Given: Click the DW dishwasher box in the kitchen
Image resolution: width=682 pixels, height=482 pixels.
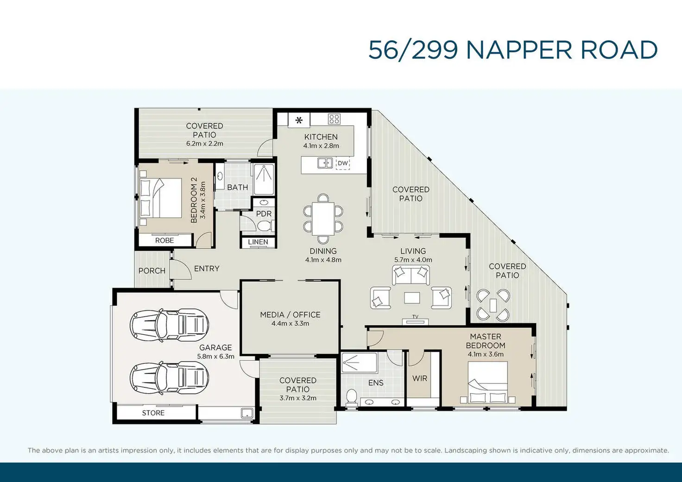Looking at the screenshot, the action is point(343,163).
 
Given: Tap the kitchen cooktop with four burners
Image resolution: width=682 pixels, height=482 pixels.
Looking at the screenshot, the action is point(334,119).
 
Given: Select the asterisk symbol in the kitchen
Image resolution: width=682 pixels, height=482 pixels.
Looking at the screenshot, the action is point(299,120).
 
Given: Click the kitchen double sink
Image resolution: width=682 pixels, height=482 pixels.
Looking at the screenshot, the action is point(325,163).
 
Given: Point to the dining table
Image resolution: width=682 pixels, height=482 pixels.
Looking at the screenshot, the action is point(323,219).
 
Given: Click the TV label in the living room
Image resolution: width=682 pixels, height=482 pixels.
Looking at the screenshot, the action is point(415,317).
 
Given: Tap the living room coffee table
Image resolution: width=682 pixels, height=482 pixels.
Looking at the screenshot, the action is point(412,298).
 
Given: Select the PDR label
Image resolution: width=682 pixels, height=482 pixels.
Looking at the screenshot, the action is point(264,214).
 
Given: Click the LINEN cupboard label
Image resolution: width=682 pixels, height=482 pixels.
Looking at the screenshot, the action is point(258,242).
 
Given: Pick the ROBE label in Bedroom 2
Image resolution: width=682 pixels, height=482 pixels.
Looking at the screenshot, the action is point(164,241).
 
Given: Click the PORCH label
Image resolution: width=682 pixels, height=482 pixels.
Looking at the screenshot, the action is point(152,271).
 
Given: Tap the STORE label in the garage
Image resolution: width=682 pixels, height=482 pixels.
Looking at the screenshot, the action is point(153,413).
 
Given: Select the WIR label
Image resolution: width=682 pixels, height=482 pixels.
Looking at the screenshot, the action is point(420,379).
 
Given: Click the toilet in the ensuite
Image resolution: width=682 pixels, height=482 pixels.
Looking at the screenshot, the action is point(352,397).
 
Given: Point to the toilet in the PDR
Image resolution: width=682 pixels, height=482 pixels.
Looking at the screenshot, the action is point(264,226).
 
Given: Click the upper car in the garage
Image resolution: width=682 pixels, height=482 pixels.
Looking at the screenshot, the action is point(169,324).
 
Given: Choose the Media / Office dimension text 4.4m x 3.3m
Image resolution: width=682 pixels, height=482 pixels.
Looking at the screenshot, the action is point(290,323).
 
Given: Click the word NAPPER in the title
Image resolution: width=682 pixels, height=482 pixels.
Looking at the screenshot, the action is point(519,50).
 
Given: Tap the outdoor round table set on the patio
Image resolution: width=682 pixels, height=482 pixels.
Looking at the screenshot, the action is point(493,305).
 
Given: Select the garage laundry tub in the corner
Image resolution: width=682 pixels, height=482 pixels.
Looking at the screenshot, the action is point(246,413).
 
